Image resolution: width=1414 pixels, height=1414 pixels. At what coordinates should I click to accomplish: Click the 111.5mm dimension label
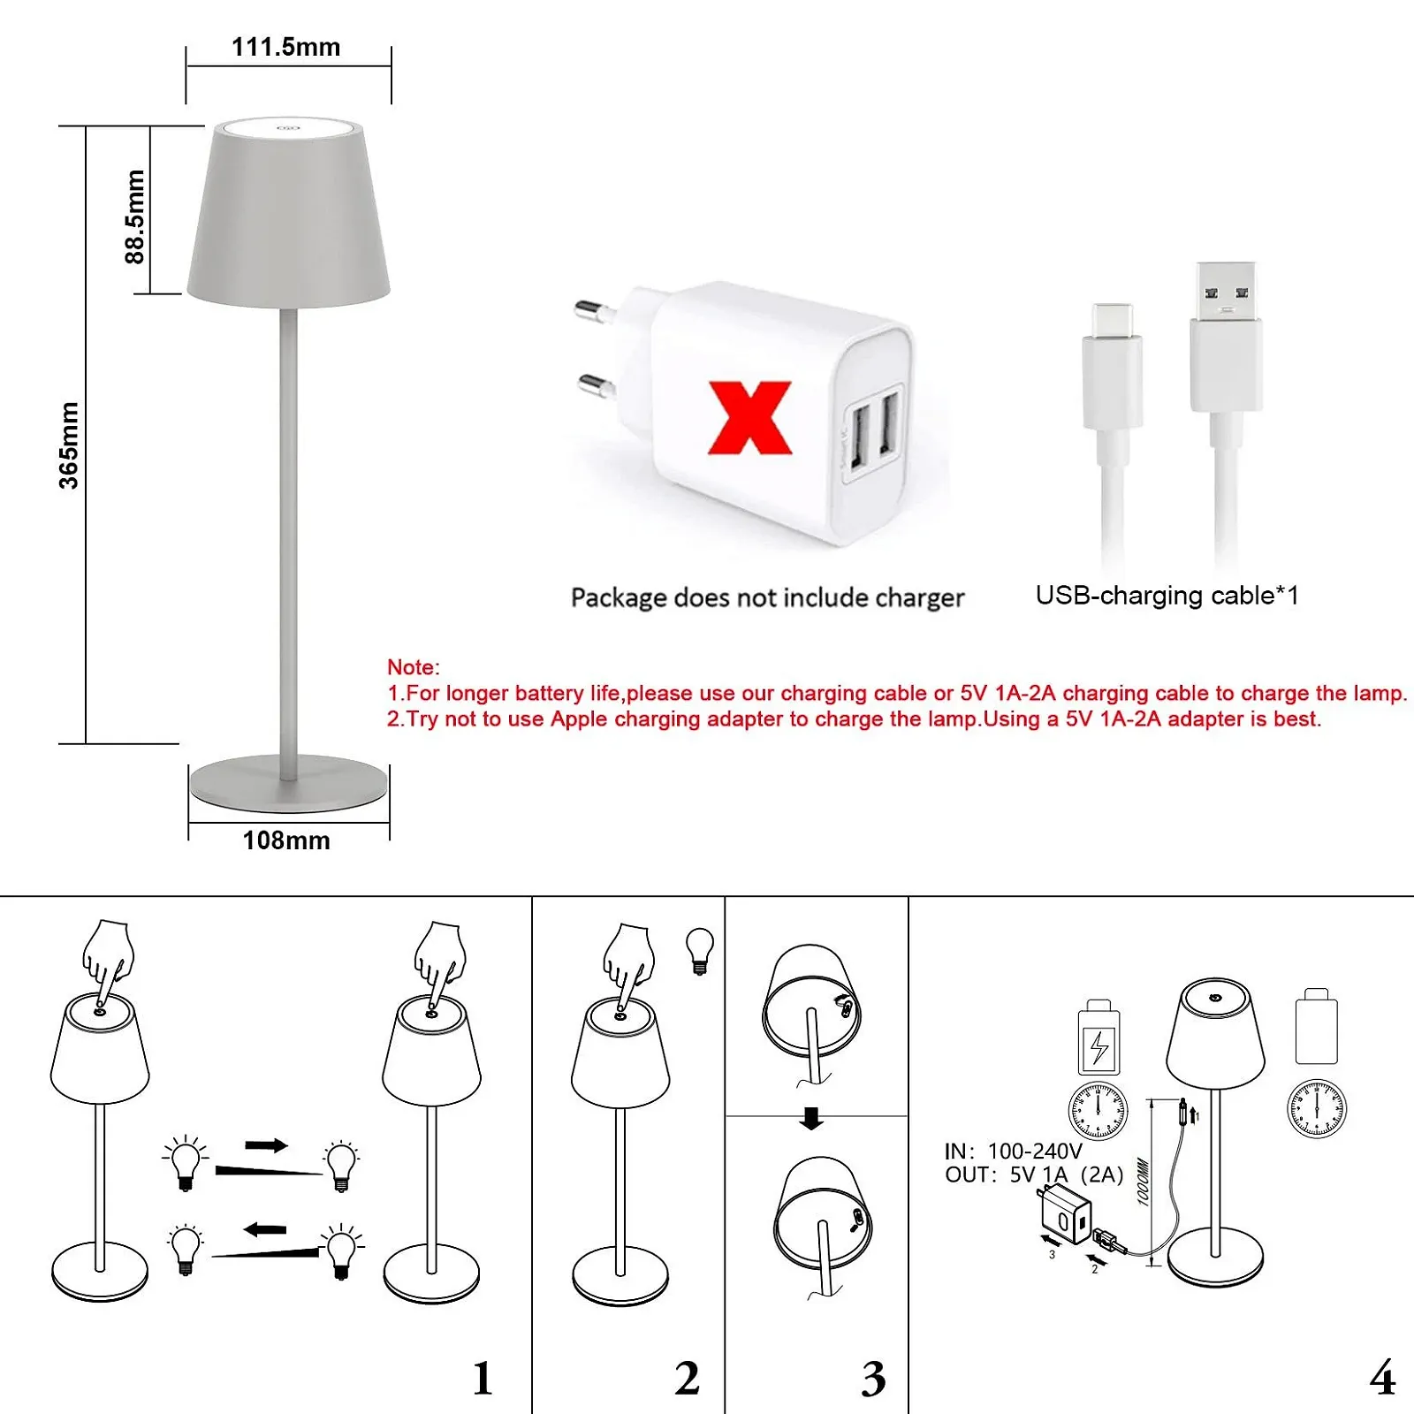coord(285,47)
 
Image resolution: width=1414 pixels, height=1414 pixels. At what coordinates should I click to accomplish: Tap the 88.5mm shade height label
coord(134,217)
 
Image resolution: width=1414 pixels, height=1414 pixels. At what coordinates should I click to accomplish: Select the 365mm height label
coord(69,445)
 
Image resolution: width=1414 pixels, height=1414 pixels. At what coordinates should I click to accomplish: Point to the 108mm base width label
coord(286,840)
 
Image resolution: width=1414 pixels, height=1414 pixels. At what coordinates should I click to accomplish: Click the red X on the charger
coord(749,418)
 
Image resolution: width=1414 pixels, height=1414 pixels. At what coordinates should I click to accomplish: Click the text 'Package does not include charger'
coord(767,597)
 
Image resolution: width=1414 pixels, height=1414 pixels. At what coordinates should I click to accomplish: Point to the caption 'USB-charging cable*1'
coord(1167,596)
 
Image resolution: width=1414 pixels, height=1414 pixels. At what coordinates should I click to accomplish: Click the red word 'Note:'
coord(413,667)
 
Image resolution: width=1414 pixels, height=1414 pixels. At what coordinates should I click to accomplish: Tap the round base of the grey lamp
coord(289,783)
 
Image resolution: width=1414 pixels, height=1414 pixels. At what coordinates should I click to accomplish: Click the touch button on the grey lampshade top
coord(288,128)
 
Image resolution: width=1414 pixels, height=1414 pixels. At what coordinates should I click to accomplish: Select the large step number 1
coord(483,1378)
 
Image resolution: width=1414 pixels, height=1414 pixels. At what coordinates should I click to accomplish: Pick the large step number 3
coord(873,1378)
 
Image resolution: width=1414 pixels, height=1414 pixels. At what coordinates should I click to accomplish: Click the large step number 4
coord(1382,1378)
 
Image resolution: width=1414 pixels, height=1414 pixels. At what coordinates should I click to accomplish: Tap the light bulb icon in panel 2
coord(700,950)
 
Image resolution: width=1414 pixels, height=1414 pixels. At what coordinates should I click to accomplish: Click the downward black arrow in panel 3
coord(811,1119)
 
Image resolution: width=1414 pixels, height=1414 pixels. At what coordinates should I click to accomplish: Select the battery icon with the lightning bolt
coord(1099,1037)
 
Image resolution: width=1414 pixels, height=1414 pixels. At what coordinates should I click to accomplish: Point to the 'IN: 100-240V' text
coord(1013,1151)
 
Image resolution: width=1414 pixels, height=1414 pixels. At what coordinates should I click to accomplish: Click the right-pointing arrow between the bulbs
coord(266,1145)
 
